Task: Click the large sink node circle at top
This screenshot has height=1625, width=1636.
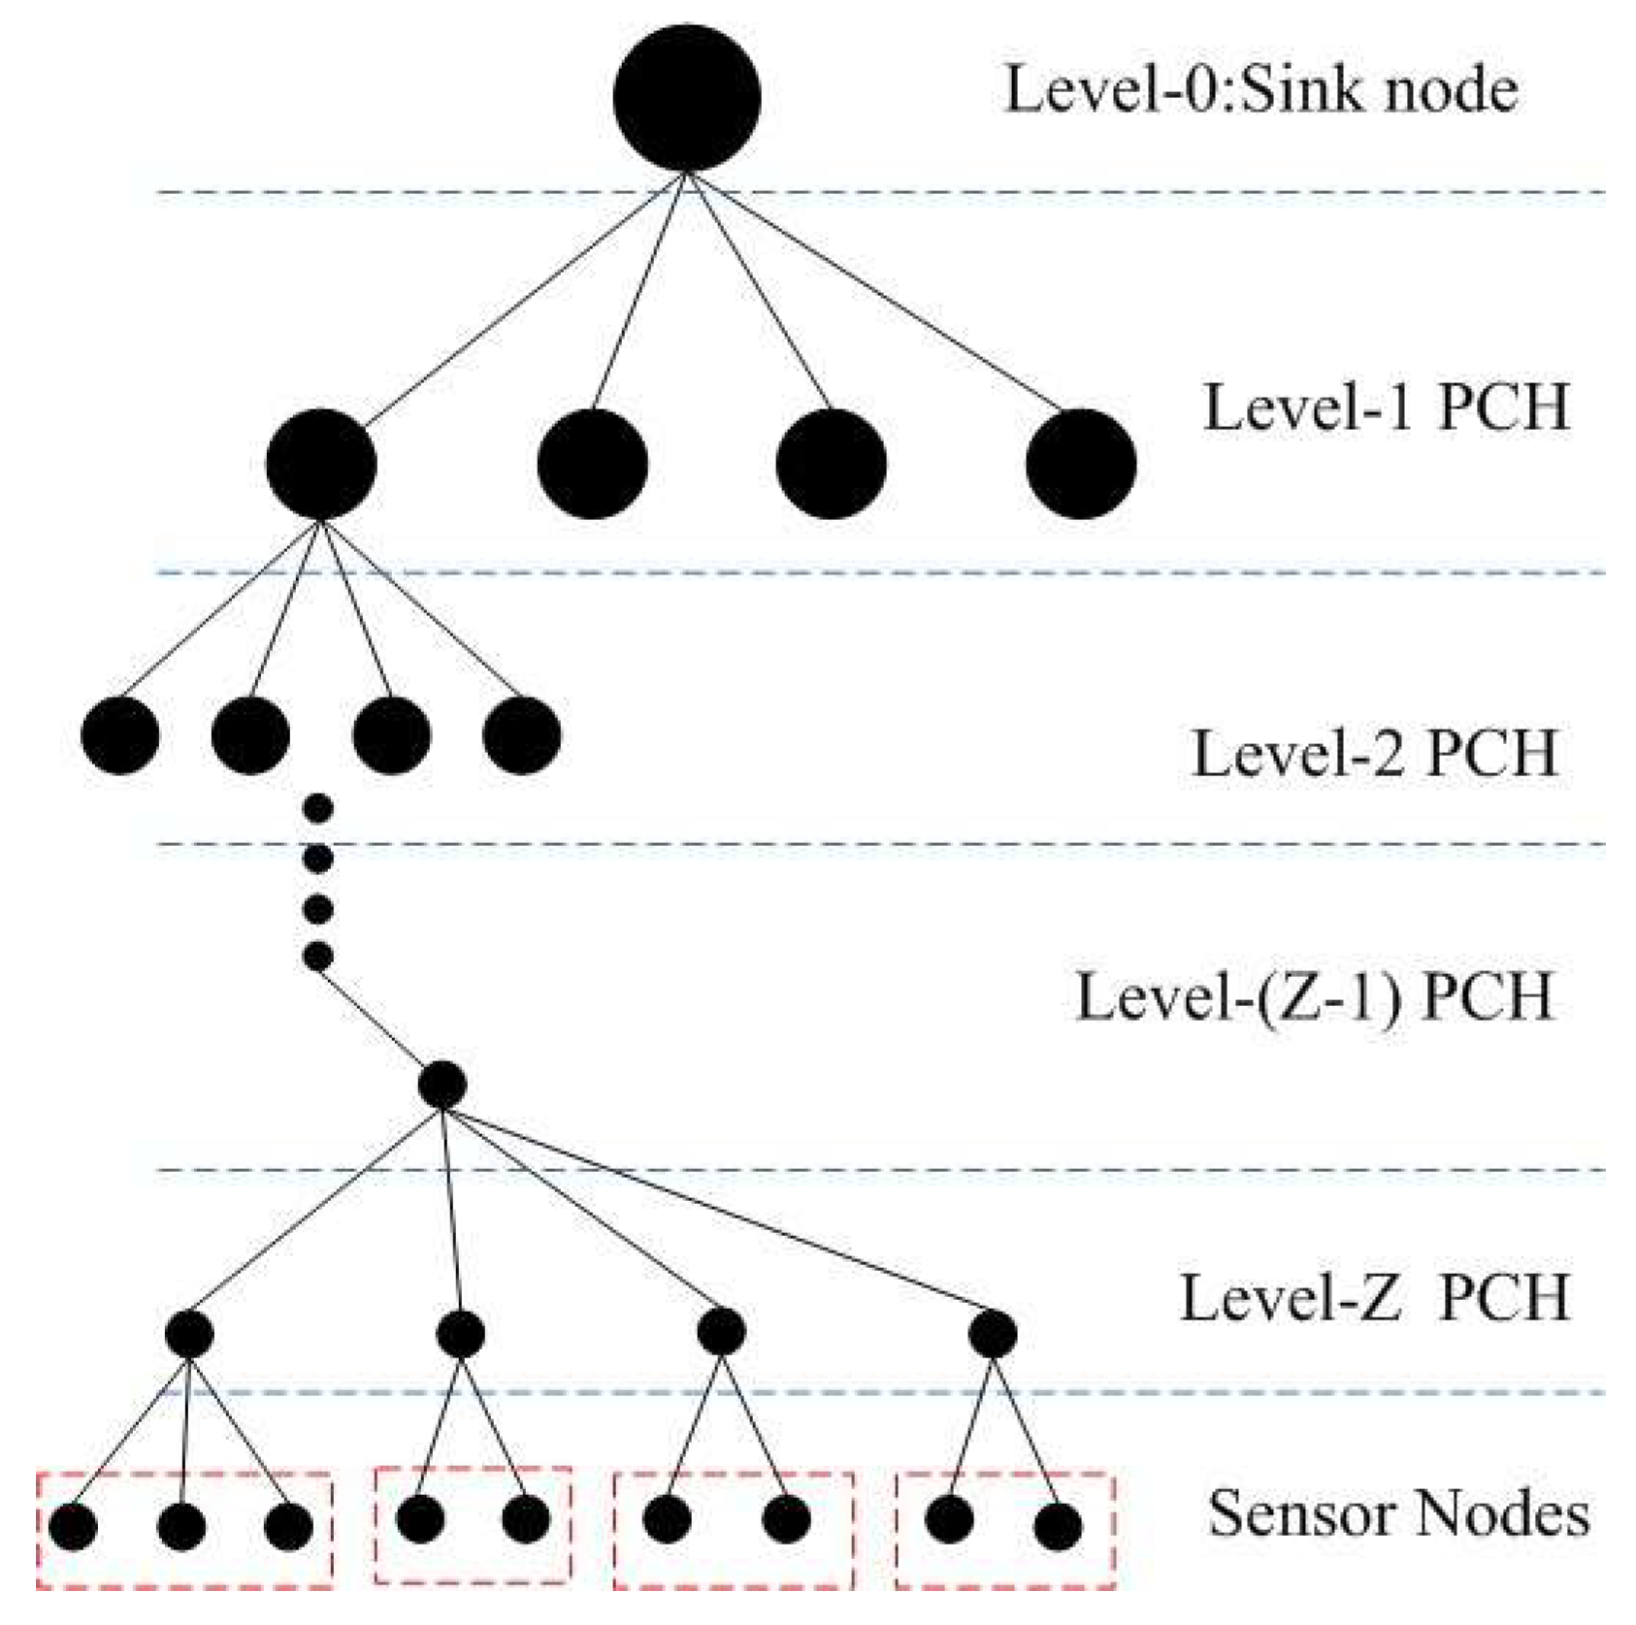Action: (686, 98)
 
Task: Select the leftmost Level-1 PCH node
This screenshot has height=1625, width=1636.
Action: (321, 464)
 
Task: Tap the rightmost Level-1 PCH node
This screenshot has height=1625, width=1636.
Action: (1080, 464)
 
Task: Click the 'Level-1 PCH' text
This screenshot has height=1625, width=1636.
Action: (1386, 406)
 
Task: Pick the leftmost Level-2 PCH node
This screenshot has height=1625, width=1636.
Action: (120, 734)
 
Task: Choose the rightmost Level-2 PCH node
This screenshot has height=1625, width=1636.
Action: (522, 734)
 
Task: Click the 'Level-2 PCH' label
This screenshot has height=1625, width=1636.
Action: (1373, 754)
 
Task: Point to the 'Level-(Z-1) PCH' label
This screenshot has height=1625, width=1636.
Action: (1314, 996)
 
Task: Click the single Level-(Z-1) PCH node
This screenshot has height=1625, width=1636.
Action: (442, 1085)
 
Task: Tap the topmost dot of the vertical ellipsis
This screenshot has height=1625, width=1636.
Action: (318, 807)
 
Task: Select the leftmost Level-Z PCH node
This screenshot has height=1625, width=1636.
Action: (189, 1335)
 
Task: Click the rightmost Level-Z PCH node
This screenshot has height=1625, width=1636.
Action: (992, 1335)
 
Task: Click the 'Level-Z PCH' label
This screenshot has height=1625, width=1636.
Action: (1373, 1297)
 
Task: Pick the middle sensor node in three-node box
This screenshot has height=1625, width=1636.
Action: (181, 1527)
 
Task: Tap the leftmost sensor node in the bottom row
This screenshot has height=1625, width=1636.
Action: (74, 1527)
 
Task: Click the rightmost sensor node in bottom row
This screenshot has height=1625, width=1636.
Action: (1058, 1527)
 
